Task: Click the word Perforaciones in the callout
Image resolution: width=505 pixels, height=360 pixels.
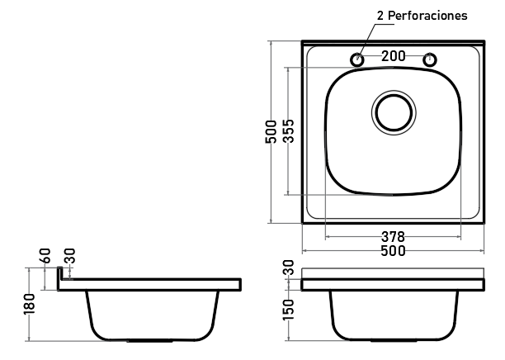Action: [427, 16]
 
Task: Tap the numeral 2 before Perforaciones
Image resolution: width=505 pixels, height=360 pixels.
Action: [380, 16]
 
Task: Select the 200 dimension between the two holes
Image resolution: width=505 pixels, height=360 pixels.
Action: [394, 56]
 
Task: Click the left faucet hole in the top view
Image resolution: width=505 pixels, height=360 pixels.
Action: [356, 59]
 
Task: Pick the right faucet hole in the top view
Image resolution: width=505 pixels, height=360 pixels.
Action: [429, 59]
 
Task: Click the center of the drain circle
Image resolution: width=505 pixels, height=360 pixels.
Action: [394, 113]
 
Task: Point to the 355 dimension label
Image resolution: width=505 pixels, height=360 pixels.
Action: [289, 130]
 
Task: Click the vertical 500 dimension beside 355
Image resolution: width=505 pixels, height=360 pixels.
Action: [271, 131]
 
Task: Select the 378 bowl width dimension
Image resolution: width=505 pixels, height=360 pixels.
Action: [393, 237]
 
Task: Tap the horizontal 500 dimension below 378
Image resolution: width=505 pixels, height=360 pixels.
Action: [393, 251]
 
